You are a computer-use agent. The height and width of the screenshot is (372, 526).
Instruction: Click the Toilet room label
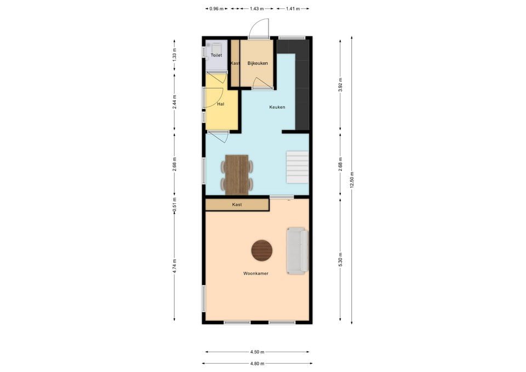216,56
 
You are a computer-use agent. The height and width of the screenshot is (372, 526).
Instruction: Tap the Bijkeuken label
257,64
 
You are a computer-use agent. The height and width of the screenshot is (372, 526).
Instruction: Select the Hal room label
220,104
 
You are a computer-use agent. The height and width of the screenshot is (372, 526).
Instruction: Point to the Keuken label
277,107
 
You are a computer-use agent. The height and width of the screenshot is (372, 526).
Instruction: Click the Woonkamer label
256,273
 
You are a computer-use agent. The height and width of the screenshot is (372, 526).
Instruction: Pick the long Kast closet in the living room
237,204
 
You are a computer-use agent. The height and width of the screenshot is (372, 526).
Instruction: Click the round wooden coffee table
262,251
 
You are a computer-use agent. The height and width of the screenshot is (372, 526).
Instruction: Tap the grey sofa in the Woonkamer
297,251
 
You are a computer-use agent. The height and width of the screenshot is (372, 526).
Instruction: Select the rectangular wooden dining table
237,175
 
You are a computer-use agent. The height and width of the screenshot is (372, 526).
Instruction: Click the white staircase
297,168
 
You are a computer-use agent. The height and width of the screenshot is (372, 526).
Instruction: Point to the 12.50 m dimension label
352,180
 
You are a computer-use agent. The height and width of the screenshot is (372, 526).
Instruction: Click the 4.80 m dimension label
257,364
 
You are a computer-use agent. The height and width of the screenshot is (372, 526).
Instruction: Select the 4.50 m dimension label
257,352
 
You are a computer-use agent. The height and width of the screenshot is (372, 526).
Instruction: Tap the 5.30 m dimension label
340,259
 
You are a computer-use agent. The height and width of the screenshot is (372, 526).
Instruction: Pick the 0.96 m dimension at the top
218,9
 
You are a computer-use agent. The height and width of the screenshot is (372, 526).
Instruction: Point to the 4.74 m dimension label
175,266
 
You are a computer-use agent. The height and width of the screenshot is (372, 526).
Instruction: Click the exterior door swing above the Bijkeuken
260,28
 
